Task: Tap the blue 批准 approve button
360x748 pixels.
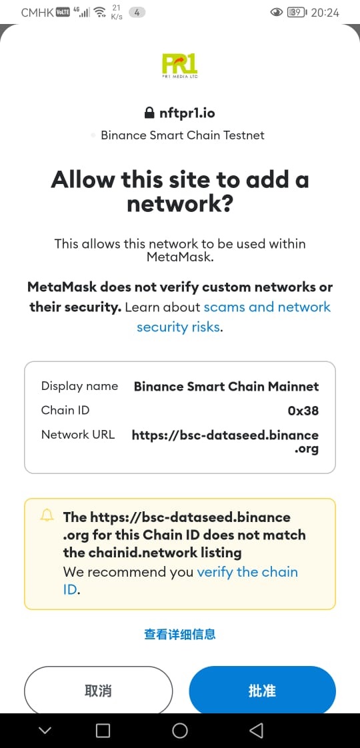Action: [262, 690]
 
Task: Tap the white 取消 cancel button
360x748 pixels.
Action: [98, 690]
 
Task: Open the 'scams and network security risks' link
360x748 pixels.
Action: [233, 317]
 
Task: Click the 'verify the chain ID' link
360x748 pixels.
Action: [181, 581]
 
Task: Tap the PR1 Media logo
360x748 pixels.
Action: [179, 66]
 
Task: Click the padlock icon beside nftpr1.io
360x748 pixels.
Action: [149, 113]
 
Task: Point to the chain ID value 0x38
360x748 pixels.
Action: [303, 410]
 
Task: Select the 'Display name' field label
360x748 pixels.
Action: [79, 386]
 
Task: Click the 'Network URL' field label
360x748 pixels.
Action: [78, 435]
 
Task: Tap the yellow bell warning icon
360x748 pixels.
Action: [47, 516]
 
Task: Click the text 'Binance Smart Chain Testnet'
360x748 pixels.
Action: [183, 135]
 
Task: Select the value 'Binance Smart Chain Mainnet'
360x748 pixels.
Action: [227, 386]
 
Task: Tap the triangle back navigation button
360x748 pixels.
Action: [257, 730]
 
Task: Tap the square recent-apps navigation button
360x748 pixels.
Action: [103, 731]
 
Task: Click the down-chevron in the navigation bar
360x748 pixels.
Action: [45, 731]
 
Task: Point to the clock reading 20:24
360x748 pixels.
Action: [325, 13]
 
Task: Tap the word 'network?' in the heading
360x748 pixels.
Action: [180, 204]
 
